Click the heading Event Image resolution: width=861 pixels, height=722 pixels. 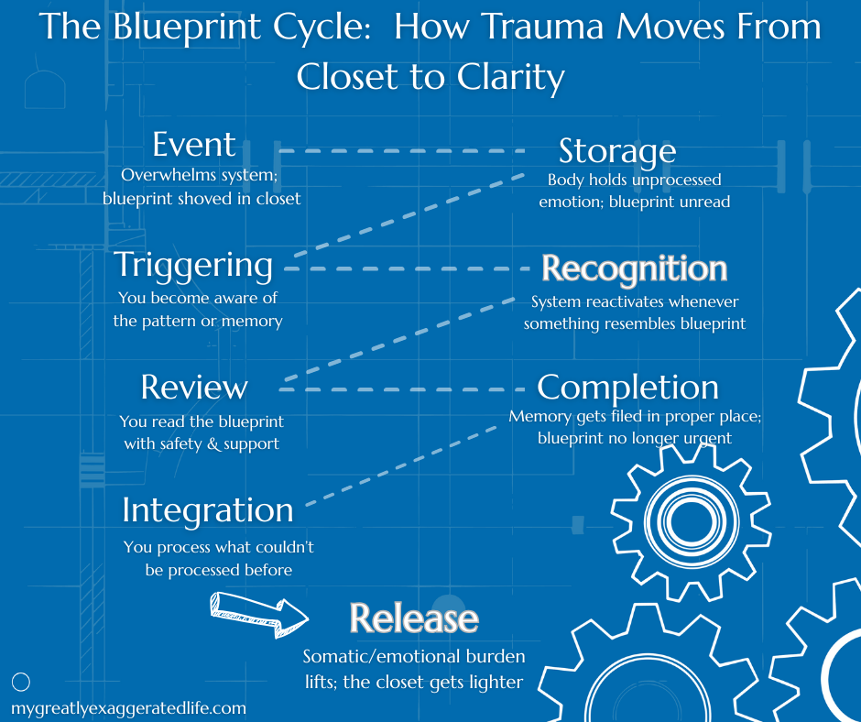(194, 144)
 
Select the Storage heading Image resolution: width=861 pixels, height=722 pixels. (617, 152)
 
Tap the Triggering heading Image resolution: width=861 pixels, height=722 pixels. (193, 267)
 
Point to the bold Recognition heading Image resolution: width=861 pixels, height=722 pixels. (634, 269)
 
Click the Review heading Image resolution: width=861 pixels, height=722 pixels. (194, 388)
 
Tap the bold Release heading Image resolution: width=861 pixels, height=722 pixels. (414, 618)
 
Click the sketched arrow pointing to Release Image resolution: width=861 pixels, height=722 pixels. (258, 615)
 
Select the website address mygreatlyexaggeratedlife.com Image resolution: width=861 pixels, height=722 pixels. (128, 708)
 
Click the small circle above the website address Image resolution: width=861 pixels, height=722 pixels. (21, 682)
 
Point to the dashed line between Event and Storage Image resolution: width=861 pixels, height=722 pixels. (401, 150)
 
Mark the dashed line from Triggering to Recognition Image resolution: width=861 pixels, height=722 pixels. (407, 268)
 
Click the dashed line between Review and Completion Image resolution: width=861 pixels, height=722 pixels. (401, 389)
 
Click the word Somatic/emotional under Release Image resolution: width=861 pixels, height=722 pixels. (376, 657)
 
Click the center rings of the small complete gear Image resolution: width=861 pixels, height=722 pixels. (691, 521)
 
